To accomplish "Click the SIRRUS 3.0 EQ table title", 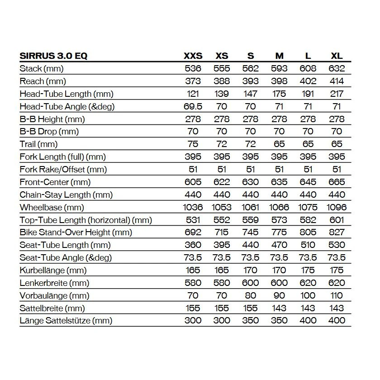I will point(54,56).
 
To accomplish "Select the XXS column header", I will point(193,56).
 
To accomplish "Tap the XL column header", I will point(337,56).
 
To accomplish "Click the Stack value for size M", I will point(279,69).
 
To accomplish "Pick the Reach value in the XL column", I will point(337,81).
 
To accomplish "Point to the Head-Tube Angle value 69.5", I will point(193,107).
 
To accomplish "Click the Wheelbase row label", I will point(52,208).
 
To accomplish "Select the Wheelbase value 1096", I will point(336,208).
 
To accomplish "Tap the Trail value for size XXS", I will point(193,144).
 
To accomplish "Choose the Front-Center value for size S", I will point(251,182).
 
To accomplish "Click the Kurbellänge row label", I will point(53,271).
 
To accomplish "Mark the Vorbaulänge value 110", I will point(337,296).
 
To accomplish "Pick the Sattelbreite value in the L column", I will point(308,309).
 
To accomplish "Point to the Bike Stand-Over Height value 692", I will point(193,233).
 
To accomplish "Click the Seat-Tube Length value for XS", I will point(222,245).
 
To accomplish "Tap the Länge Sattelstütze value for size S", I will point(251,321).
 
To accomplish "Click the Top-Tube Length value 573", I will point(279,220).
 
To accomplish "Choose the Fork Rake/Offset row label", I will point(63,170).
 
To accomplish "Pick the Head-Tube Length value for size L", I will point(308,94).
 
